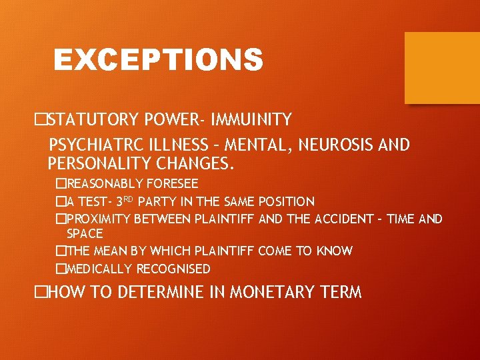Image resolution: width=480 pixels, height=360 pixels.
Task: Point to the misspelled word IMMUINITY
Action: (251, 120)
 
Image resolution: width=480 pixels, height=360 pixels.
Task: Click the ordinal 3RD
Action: (126, 201)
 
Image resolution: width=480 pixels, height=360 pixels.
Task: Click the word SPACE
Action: (85, 234)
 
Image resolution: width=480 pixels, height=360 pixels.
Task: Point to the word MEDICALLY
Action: (100, 269)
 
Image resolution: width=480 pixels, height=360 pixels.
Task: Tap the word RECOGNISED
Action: (173, 269)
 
